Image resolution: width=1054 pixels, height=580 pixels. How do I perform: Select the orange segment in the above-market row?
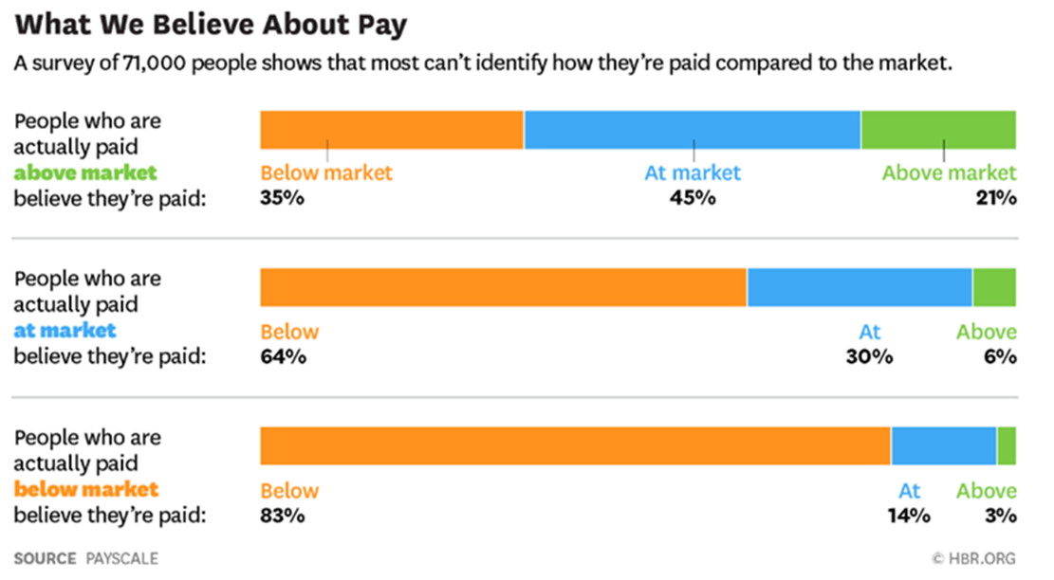click(x=392, y=130)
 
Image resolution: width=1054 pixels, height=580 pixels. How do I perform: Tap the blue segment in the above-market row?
click(x=693, y=130)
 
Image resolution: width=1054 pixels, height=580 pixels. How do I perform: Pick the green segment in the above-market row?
click(x=938, y=130)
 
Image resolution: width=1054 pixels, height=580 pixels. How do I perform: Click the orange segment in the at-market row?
click(x=504, y=287)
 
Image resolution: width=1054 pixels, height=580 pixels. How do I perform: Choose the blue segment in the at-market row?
click(x=860, y=287)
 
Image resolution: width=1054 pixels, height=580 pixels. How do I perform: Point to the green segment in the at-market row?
click(x=994, y=287)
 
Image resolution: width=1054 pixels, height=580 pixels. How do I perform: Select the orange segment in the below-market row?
click(x=576, y=445)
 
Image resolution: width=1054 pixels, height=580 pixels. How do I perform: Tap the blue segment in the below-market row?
click(x=944, y=445)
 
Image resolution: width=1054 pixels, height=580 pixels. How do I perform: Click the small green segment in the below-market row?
click(x=1007, y=445)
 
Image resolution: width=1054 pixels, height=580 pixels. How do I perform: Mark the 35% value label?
click(x=283, y=198)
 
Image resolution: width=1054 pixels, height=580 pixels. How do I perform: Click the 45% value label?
click(x=693, y=198)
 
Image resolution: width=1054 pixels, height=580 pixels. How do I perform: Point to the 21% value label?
click(x=996, y=198)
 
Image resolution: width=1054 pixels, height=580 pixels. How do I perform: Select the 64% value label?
click(x=283, y=357)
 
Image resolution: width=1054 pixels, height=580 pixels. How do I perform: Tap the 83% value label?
click(x=283, y=517)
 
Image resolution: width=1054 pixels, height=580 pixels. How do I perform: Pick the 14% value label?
click(x=909, y=517)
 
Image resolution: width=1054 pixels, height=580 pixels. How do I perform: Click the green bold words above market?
click(x=85, y=173)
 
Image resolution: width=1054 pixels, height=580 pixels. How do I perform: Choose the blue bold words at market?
click(x=65, y=331)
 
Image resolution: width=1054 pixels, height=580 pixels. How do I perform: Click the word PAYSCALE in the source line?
click(x=122, y=558)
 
